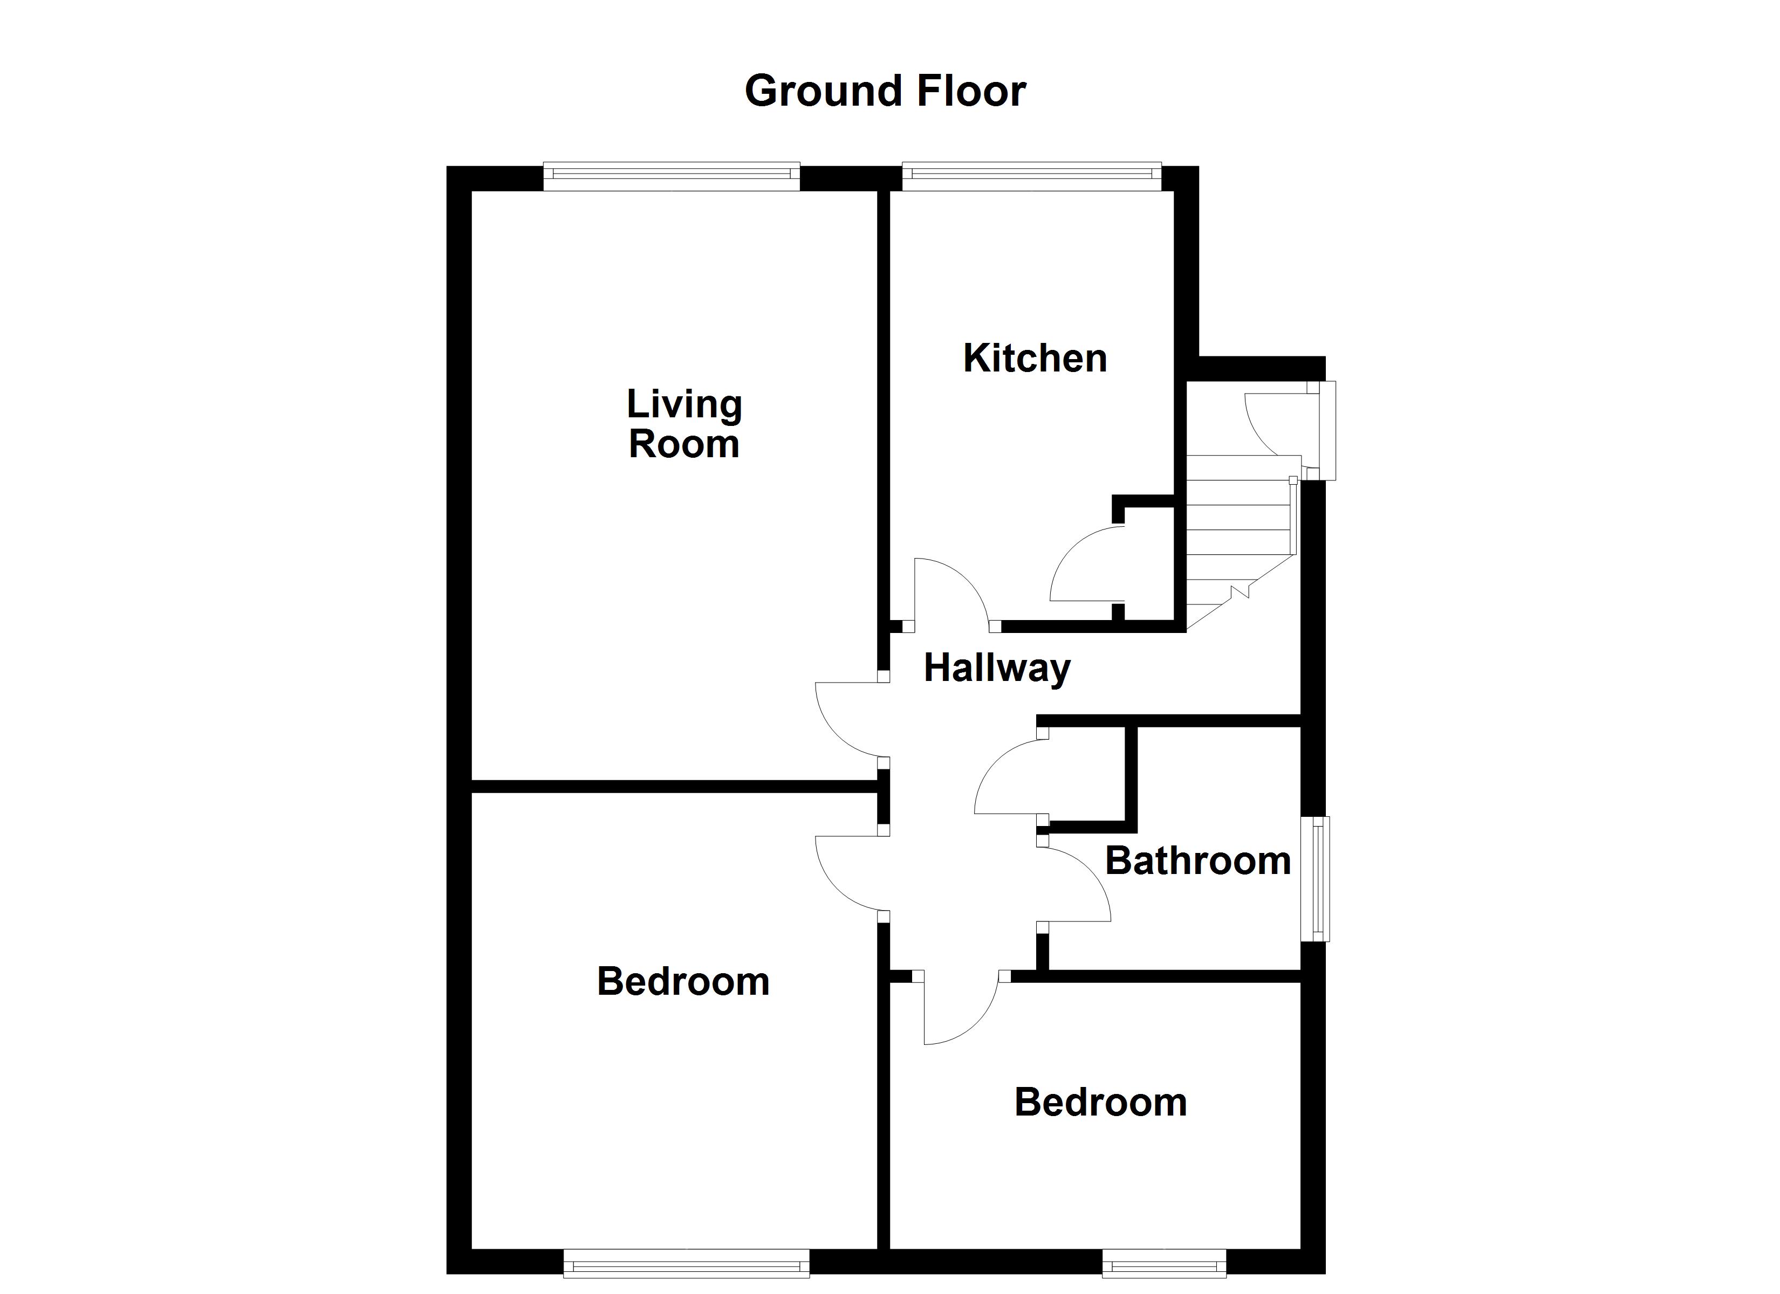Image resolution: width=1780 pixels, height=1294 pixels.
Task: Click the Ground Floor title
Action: click(x=885, y=91)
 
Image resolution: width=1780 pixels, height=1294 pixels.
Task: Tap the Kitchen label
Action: click(x=1035, y=358)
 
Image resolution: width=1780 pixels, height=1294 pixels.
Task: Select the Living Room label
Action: click(x=683, y=424)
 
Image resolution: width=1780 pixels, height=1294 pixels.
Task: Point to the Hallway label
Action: click(x=997, y=668)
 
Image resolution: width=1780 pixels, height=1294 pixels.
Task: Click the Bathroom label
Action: click(x=1197, y=861)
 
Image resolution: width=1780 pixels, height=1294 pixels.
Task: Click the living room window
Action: click(x=671, y=176)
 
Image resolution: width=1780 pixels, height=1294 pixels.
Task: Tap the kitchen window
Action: click(x=1031, y=176)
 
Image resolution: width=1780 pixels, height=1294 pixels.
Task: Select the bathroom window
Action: click(x=1316, y=879)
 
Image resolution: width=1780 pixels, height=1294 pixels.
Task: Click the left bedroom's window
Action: click(x=686, y=1263)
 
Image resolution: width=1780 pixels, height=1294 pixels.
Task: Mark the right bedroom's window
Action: click(x=1164, y=1263)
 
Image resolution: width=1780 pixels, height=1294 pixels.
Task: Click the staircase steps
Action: click(x=1238, y=534)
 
